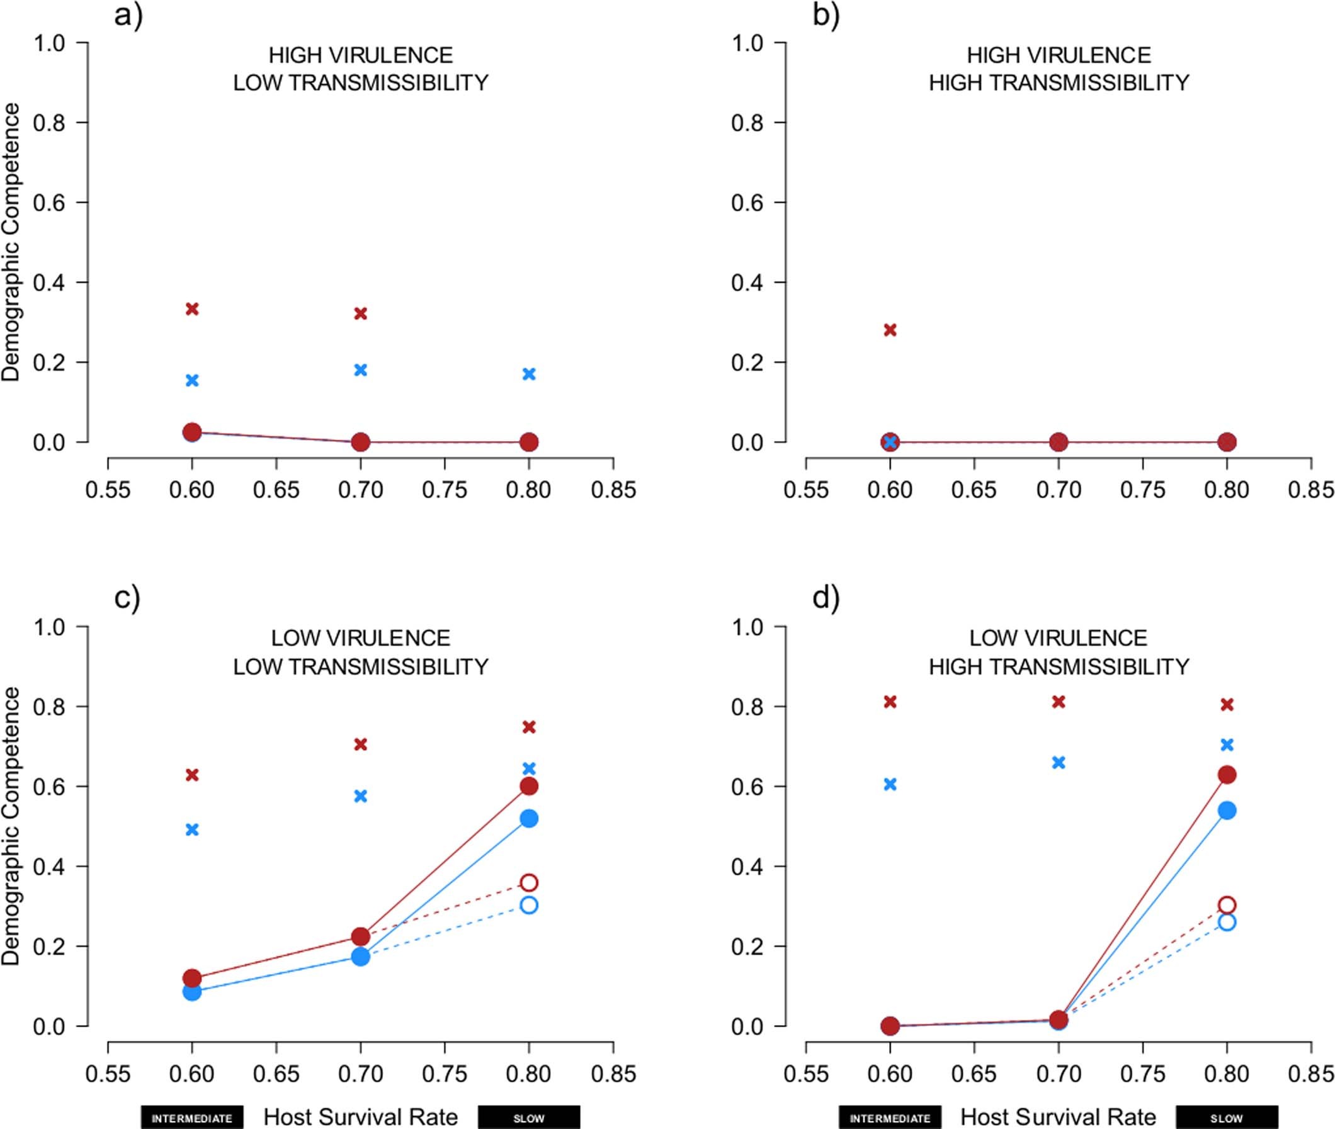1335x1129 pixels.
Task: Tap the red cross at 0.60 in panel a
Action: (x=192, y=309)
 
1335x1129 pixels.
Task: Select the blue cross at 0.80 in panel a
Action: (x=529, y=374)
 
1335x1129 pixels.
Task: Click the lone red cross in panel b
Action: (x=890, y=330)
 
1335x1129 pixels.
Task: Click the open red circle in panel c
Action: (x=529, y=882)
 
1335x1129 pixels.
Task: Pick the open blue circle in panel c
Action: (x=529, y=905)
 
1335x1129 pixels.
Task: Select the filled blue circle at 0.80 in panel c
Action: (x=529, y=818)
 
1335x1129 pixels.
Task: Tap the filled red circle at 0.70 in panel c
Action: (x=360, y=936)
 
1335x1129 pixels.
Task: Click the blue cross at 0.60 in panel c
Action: (x=192, y=829)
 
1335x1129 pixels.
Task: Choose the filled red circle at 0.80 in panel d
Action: (x=1227, y=775)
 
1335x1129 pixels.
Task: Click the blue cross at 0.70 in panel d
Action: (x=1059, y=762)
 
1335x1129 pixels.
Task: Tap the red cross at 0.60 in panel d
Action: (x=890, y=702)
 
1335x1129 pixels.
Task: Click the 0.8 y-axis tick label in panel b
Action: (x=748, y=122)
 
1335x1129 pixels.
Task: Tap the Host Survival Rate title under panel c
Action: (x=360, y=1117)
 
